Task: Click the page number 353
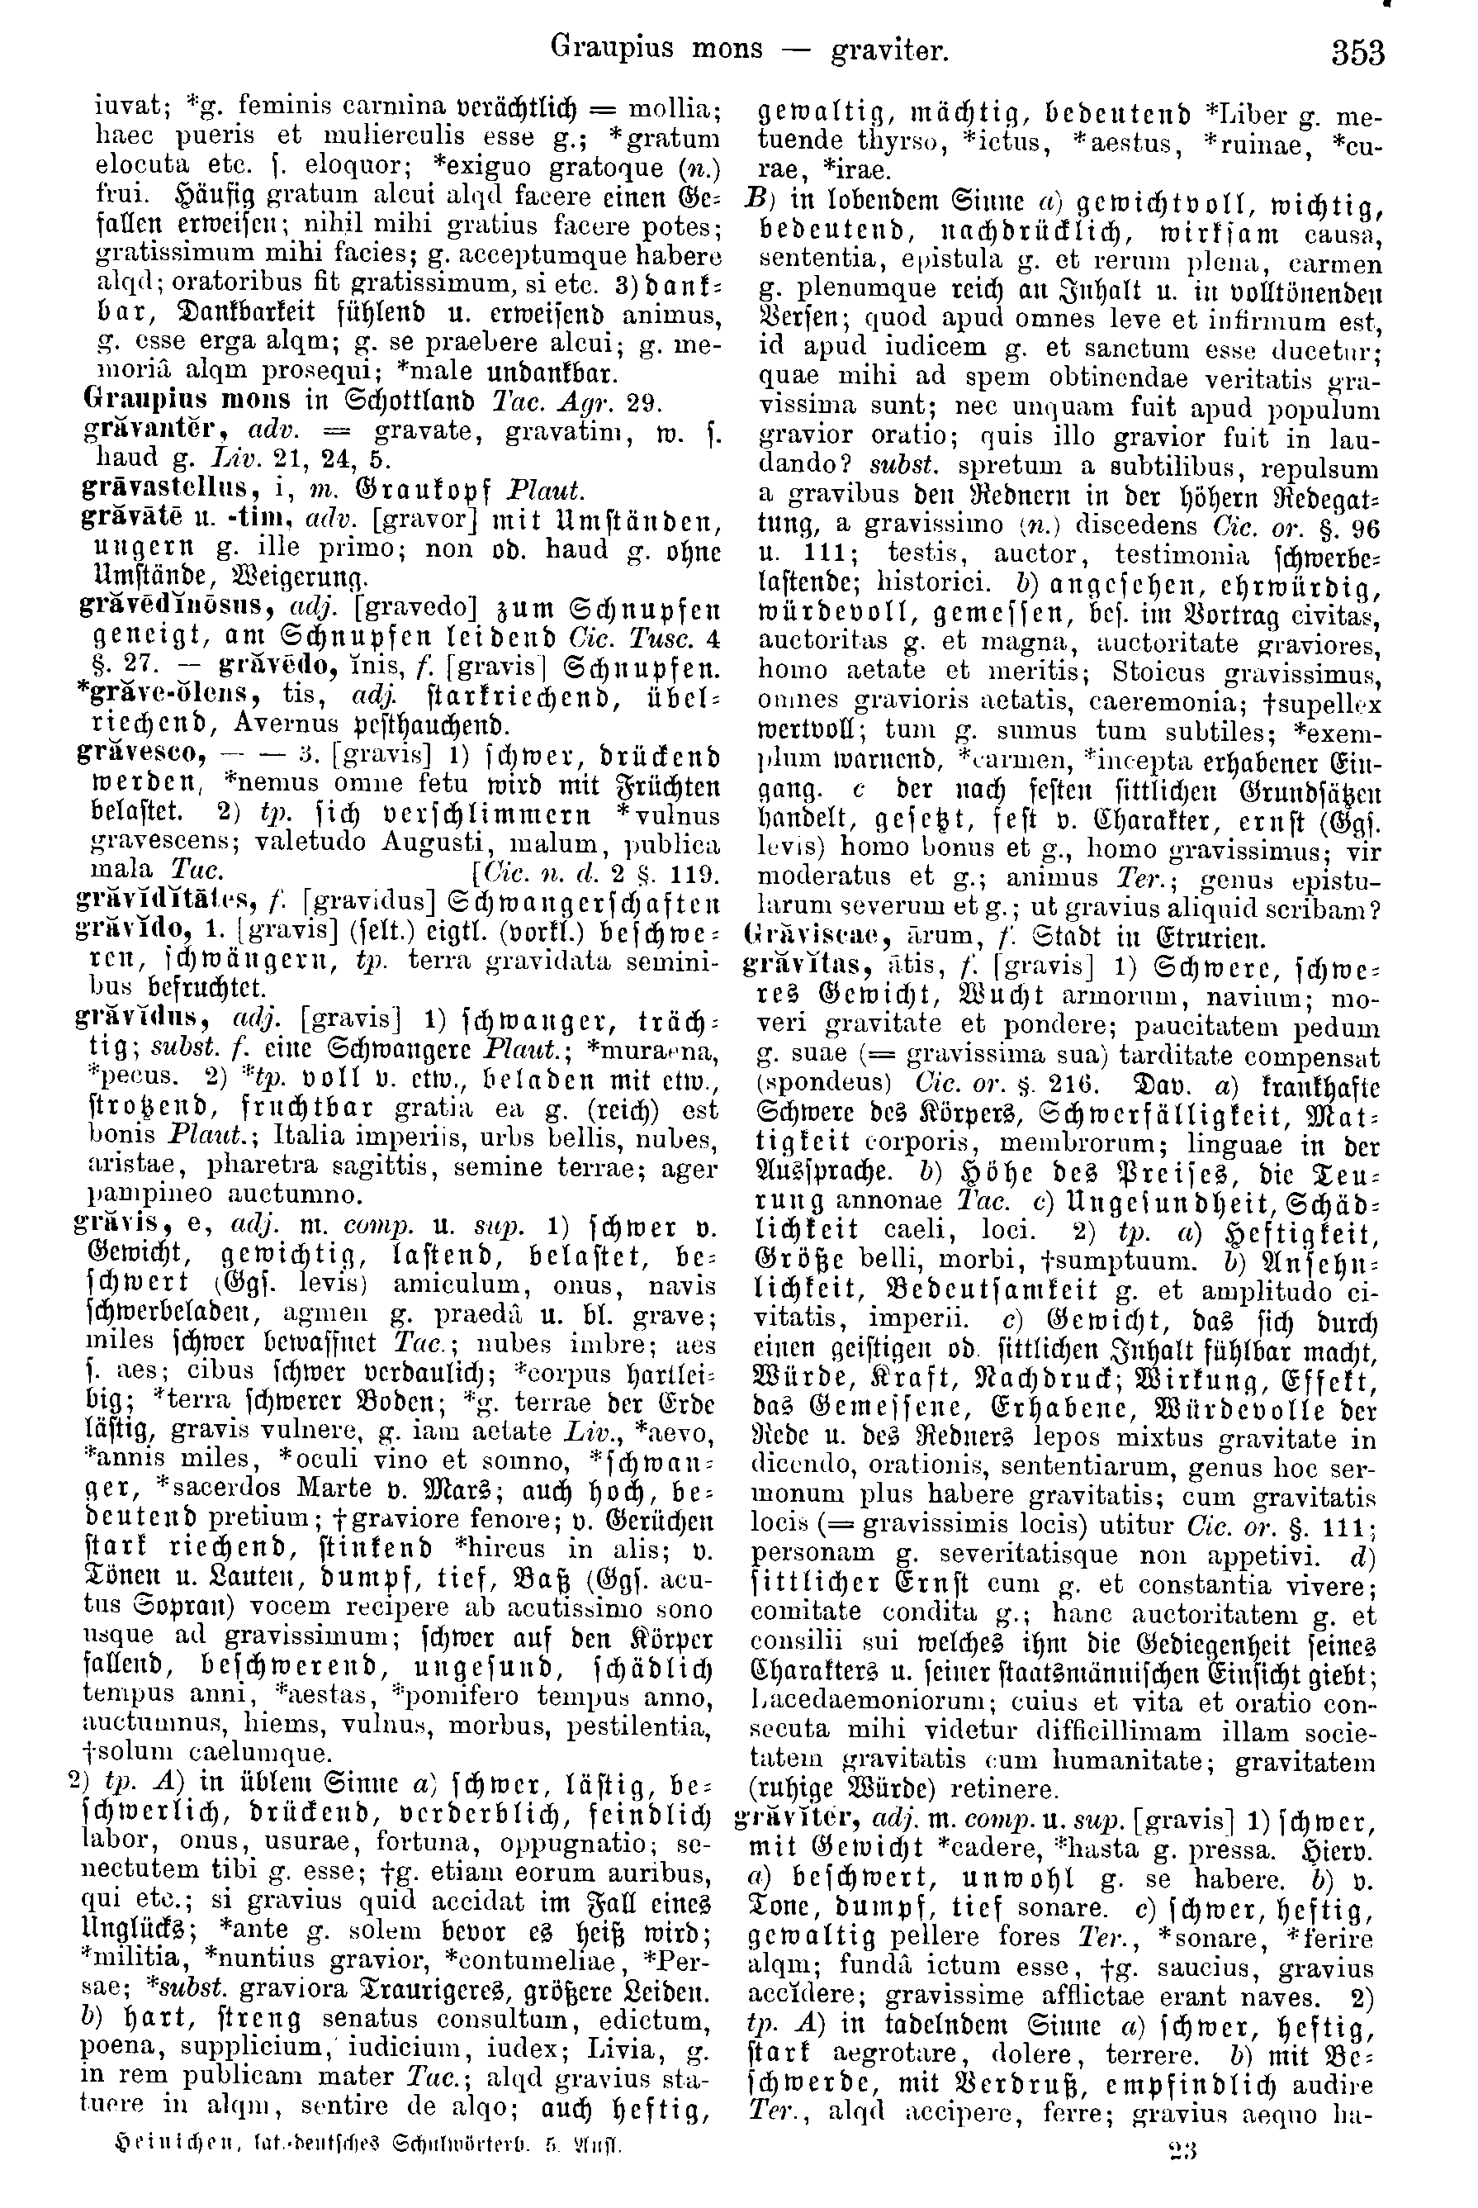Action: (1357, 51)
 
